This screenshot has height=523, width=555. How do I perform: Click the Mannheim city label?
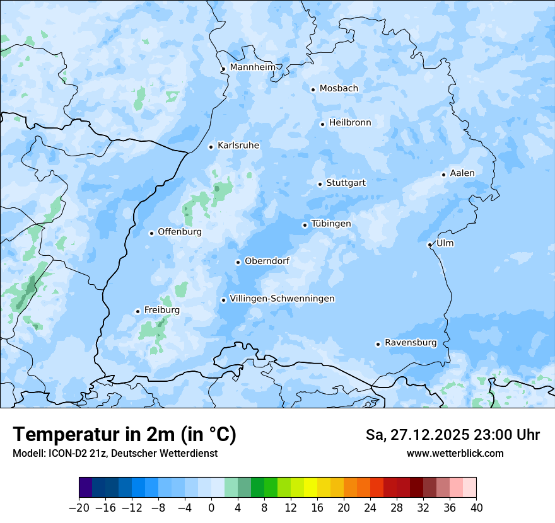click(252, 67)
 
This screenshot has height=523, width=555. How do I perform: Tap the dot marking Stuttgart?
click(320, 184)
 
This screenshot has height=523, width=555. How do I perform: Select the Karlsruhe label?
click(238, 146)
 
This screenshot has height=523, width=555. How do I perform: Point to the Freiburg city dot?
click(137, 311)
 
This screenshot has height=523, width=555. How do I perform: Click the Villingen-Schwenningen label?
click(282, 299)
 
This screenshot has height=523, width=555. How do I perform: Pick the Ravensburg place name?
click(411, 343)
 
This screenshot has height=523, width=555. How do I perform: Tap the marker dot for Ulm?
click(429, 244)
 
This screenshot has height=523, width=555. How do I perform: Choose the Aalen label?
click(462, 173)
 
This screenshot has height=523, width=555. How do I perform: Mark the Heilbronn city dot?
click(322, 124)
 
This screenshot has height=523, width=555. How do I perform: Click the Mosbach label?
click(339, 89)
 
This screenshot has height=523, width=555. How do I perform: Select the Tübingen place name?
click(331, 224)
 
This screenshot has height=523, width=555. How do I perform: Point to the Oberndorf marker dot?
click(238, 262)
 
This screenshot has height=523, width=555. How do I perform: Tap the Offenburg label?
click(180, 232)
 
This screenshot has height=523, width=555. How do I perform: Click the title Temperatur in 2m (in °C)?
click(124, 434)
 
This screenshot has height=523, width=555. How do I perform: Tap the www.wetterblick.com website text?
click(455, 453)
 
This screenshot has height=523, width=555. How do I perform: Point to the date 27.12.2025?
click(430, 435)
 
